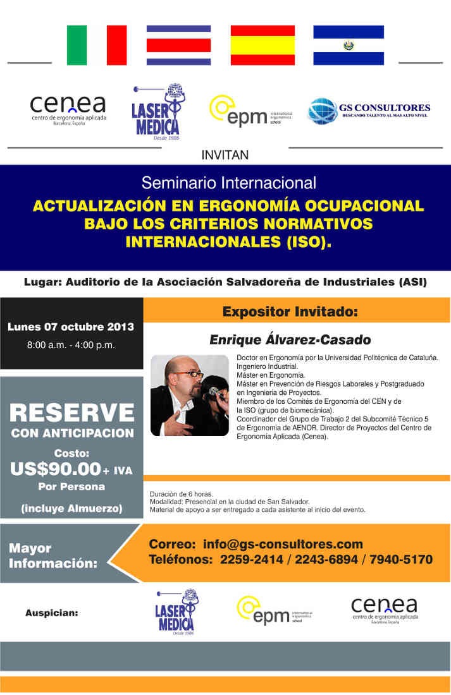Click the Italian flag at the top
tap(97, 45)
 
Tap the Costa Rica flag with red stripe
tap(178, 45)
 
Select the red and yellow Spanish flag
tap(263, 45)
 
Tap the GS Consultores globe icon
tap(322, 111)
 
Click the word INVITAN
tap(225, 155)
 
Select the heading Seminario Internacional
tap(228, 183)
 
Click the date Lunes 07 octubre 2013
tap(71, 327)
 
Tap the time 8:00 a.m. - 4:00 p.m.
tap(71, 345)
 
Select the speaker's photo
tap(189, 396)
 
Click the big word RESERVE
tap(72, 413)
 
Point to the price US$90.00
tap(56, 469)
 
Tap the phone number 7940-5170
tap(402, 560)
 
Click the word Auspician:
tap(52, 612)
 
